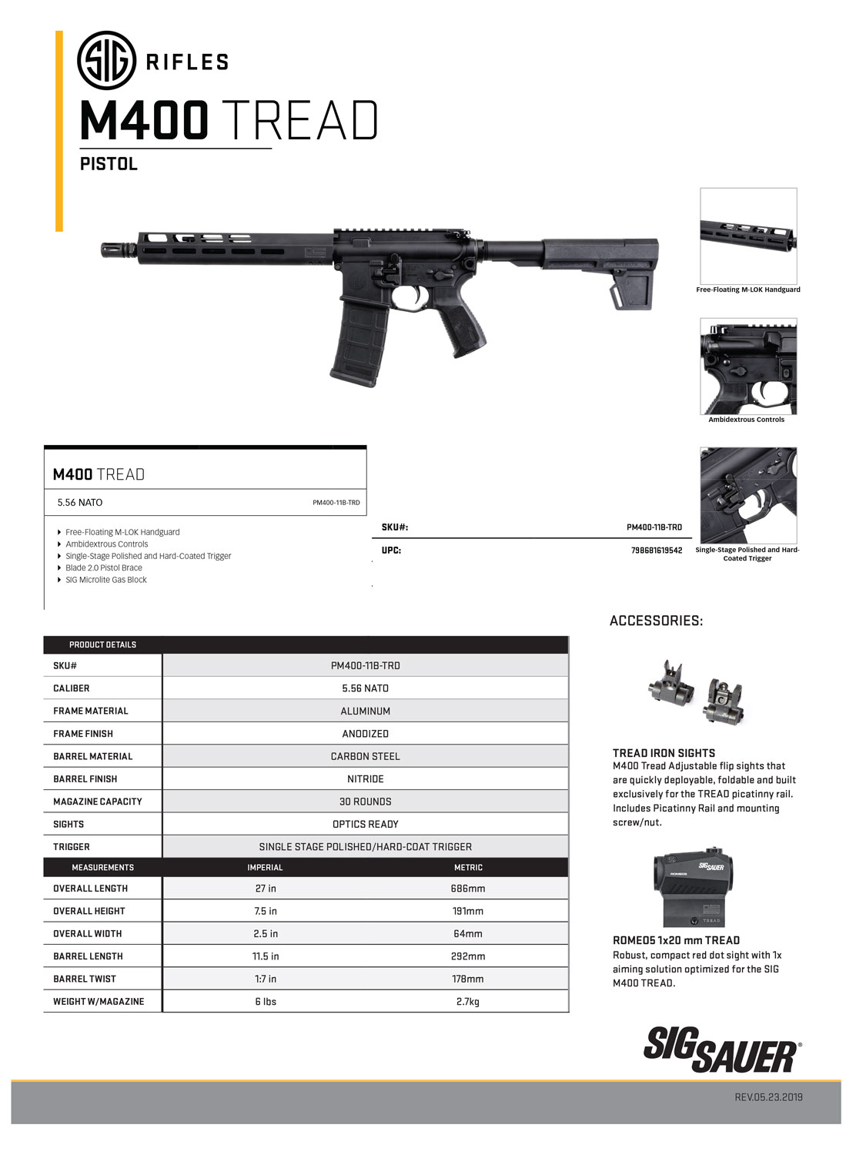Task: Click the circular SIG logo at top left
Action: click(x=106, y=60)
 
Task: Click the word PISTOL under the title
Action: click(x=109, y=164)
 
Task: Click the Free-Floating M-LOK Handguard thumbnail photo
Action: click(x=747, y=236)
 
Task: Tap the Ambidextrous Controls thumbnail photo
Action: click(x=747, y=366)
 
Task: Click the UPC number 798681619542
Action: click(x=656, y=551)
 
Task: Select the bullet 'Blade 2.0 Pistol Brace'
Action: click(x=104, y=567)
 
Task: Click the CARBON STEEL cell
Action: click(x=365, y=756)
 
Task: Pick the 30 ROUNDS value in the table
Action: click(x=365, y=802)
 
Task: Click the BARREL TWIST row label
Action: click(x=85, y=979)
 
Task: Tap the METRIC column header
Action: click(x=468, y=867)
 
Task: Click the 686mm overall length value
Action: click(x=468, y=889)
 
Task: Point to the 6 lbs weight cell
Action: click(x=266, y=1002)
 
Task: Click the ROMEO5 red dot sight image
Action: click(x=694, y=889)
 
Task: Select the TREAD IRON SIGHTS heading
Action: click(x=664, y=753)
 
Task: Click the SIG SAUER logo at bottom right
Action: click(x=721, y=1049)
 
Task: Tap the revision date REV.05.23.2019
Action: click(x=768, y=1096)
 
